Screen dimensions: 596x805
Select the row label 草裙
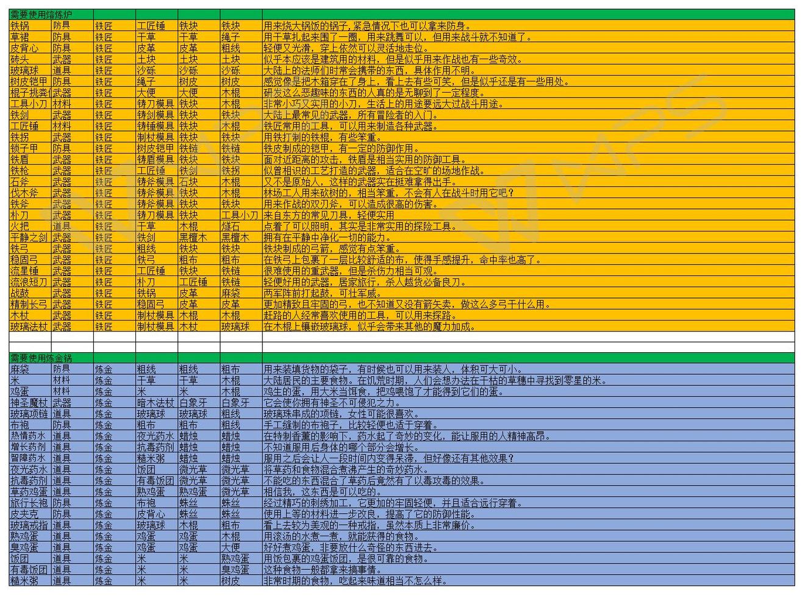pos(20,37)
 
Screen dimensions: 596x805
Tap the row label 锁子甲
pos(24,148)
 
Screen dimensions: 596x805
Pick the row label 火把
pos(20,226)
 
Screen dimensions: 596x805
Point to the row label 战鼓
pos(20,293)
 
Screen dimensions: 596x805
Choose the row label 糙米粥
pos(24,581)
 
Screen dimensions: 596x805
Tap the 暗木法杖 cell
pos(156,402)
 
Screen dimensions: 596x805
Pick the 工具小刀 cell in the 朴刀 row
pos(240,215)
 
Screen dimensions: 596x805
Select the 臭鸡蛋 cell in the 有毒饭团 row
pos(235,569)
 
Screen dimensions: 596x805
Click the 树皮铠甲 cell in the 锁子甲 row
pos(156,148)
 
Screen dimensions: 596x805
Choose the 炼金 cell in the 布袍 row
pos(104,425)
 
